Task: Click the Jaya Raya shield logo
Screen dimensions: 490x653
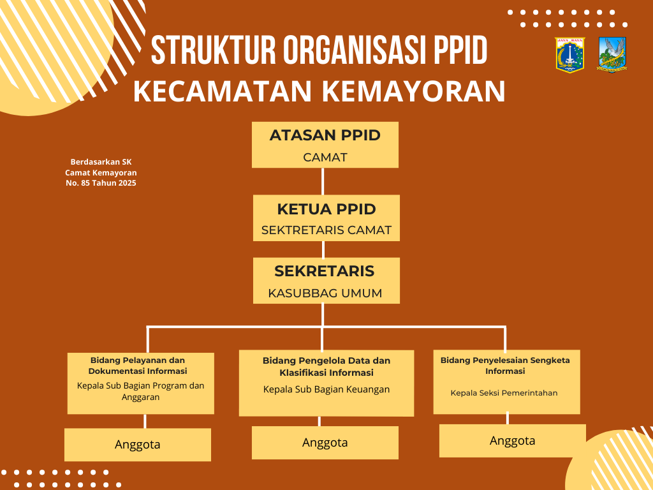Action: (x=569, y=54)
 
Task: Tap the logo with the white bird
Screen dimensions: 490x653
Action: (x=612, y=54)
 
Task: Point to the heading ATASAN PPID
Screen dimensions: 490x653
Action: (x=325, y=135)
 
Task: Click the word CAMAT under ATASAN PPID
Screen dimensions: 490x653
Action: (x=325, y=157)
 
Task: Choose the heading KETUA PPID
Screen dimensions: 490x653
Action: (x=326, y=209)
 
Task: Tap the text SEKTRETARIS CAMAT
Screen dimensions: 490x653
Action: (x=326, y=230)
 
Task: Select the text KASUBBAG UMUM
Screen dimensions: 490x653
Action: (x=325, y=293)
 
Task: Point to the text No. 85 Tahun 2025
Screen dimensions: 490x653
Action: (x=101, y=183)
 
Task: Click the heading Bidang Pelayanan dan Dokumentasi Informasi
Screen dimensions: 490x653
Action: (x=138, y=366)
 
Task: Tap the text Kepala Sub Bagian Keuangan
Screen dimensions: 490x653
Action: (x=326, y=389)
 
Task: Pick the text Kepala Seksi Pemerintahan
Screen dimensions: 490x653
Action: (x=504, y=393)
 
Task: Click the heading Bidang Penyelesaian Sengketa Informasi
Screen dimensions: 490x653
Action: (x=505, y=366)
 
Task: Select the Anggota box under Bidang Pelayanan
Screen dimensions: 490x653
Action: (x=138, y=445)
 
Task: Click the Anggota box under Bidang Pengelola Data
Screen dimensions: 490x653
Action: (x=325, y=443)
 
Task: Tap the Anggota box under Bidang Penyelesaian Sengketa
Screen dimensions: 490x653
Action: (x=513, y=441)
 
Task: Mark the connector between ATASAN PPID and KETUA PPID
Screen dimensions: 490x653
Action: (x=323, y=181)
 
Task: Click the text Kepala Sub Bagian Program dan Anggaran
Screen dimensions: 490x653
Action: (x=140, y=391)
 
